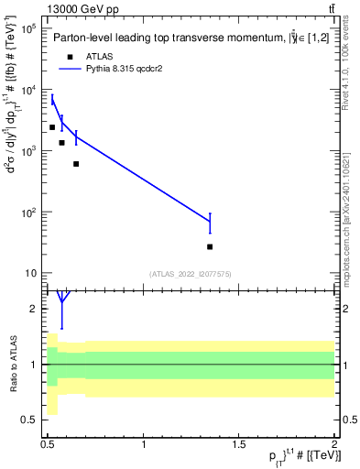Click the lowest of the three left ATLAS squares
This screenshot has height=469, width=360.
point(76,164)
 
